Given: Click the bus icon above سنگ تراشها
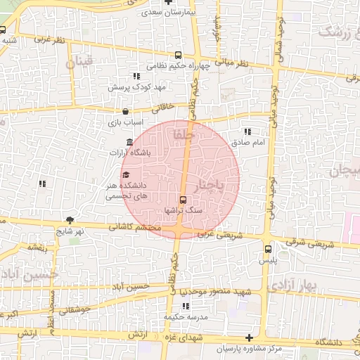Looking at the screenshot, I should (183, 199).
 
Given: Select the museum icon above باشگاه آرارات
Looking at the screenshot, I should (129, 143).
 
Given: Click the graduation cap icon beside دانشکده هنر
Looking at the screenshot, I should (126, 175).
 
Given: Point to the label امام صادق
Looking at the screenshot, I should (249, 143).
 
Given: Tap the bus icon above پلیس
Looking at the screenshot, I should (268, 248).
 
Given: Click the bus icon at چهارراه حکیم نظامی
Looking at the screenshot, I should (179, 55).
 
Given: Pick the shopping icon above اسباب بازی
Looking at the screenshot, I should (125, 111).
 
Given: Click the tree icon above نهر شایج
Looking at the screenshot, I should (69, 220).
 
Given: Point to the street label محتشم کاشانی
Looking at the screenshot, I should (136, 228).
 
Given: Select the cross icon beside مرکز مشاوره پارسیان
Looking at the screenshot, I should (249, 338).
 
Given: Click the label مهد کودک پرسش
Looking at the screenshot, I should (131, 86).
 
